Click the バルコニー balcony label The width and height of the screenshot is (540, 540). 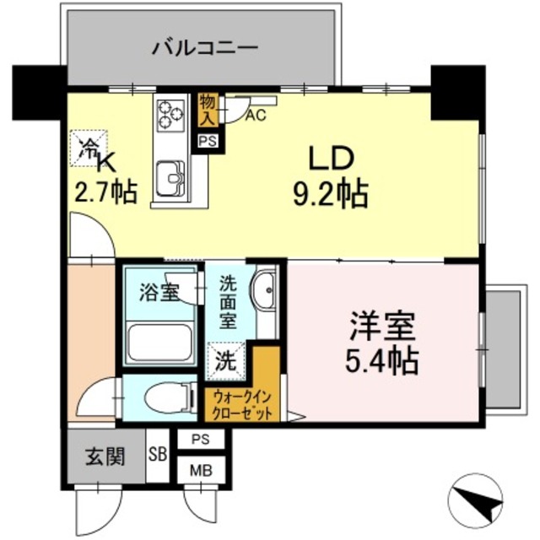click(205, 47)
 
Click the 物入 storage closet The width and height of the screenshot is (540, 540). click(207, 109)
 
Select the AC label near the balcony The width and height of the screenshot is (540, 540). click(256, 116)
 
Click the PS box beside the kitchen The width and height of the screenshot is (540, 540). click(207, 142)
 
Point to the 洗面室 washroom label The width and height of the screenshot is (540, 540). click(229, 302)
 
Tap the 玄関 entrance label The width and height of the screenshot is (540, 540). click(105, 458)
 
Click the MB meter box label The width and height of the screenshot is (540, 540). click(200, 471)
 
